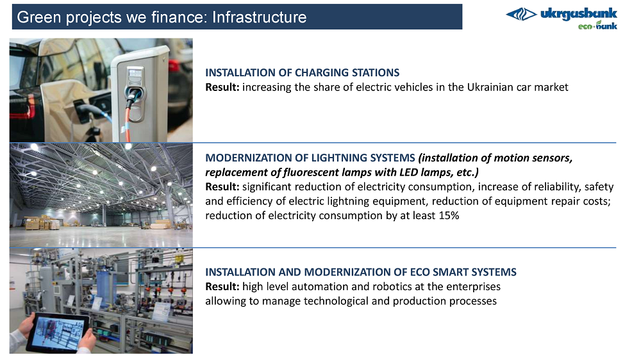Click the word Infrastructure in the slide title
[x=259, y=17]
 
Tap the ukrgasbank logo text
[x=578, y=14]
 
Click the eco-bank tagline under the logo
[x=597, y=26]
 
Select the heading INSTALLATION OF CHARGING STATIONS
[x=302, y=73]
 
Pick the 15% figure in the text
[x=449, y=215]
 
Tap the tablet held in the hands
[x=58, y=332]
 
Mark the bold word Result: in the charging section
[x=222, y=87]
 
